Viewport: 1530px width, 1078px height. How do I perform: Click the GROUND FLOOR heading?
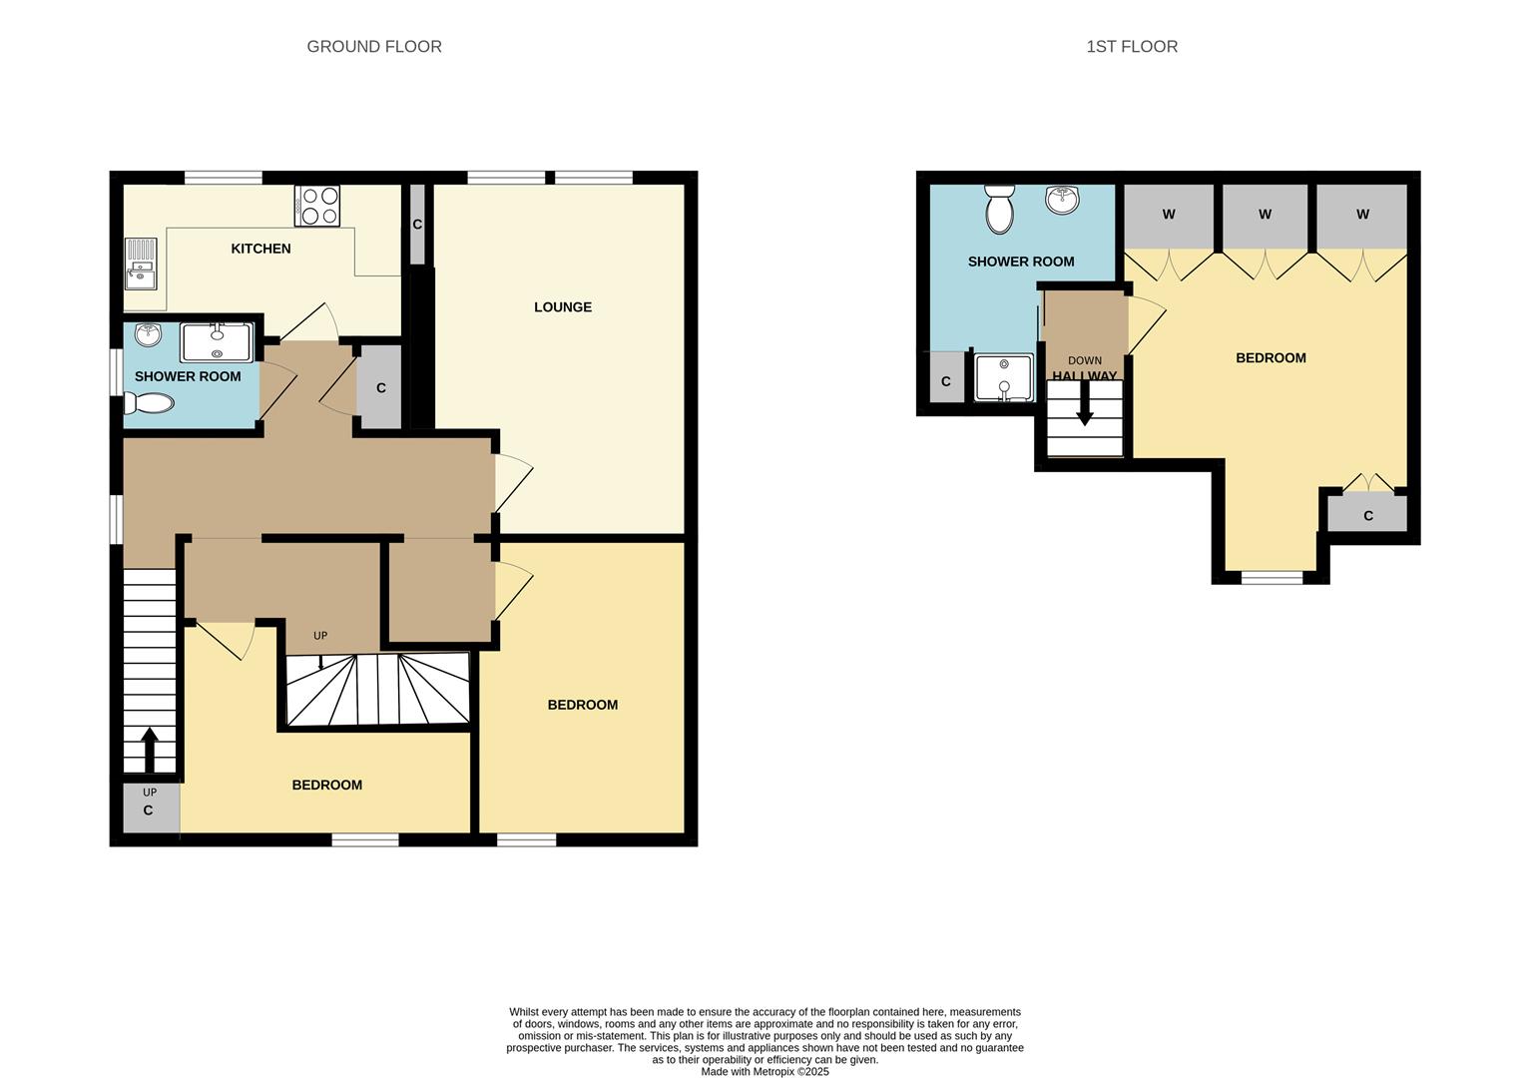pos(373,47)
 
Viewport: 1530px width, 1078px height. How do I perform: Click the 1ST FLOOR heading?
pos(1131,47)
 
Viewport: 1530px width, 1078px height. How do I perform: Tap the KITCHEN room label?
pos(260,249)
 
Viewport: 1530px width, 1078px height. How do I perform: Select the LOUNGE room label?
pos(563,307)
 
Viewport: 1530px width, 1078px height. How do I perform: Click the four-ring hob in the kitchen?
pos(317,206)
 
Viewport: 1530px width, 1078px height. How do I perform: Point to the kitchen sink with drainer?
pos(141,263)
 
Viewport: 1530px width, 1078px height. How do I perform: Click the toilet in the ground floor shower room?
pos(149,403)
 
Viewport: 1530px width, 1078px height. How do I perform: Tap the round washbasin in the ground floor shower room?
pos(148,335)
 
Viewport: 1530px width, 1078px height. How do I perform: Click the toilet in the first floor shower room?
pos(998,209)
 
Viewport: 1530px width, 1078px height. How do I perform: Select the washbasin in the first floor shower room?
pos(1062,200)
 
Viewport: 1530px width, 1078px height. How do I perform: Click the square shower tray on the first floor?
pos(1003,377)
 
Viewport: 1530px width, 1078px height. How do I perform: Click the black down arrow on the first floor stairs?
pos(1085,409)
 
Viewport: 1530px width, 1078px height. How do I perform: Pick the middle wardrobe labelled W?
pos(1265,215)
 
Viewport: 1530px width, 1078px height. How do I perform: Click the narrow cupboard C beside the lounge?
pos(417,225)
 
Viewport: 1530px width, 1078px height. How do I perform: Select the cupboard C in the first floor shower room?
pos(946,381)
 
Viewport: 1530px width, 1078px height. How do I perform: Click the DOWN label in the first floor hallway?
pos(1085,361)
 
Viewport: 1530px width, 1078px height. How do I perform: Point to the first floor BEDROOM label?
pos(1271,358)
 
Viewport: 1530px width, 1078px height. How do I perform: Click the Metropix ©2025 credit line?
pos(765,1072)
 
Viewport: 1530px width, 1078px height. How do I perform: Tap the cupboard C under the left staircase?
pos(149,809)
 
